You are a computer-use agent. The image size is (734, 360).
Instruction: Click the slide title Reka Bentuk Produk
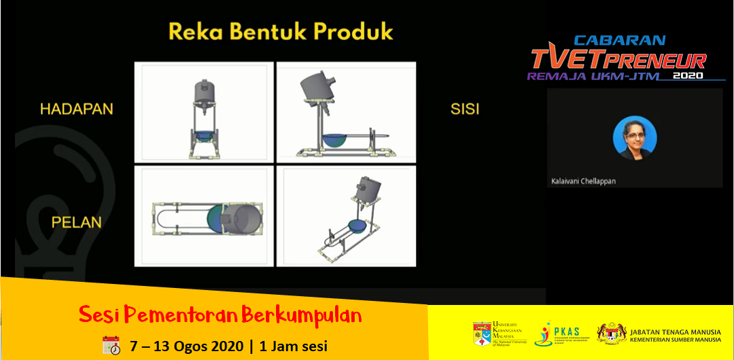(x=281, y=32)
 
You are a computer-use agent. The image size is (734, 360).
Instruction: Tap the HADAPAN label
(x=76, y=109)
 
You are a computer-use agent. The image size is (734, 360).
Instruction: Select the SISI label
(x=465, y=109)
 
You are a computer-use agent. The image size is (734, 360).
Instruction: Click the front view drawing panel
(x=204, y=112)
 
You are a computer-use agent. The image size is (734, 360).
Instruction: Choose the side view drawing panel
(x=346, y=112)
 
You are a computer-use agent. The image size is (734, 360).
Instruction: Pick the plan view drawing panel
(x=204, y=216)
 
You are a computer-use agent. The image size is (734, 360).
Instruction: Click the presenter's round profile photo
(x=634, y=138)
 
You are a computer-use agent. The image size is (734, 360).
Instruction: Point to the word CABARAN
(x=620, y=41)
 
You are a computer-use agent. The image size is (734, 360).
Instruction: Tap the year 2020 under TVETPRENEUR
(x=688, y=77)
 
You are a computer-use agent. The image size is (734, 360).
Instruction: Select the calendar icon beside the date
(x=111, y=345)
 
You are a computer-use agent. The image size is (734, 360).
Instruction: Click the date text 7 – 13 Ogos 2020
(x=186, y=345)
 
